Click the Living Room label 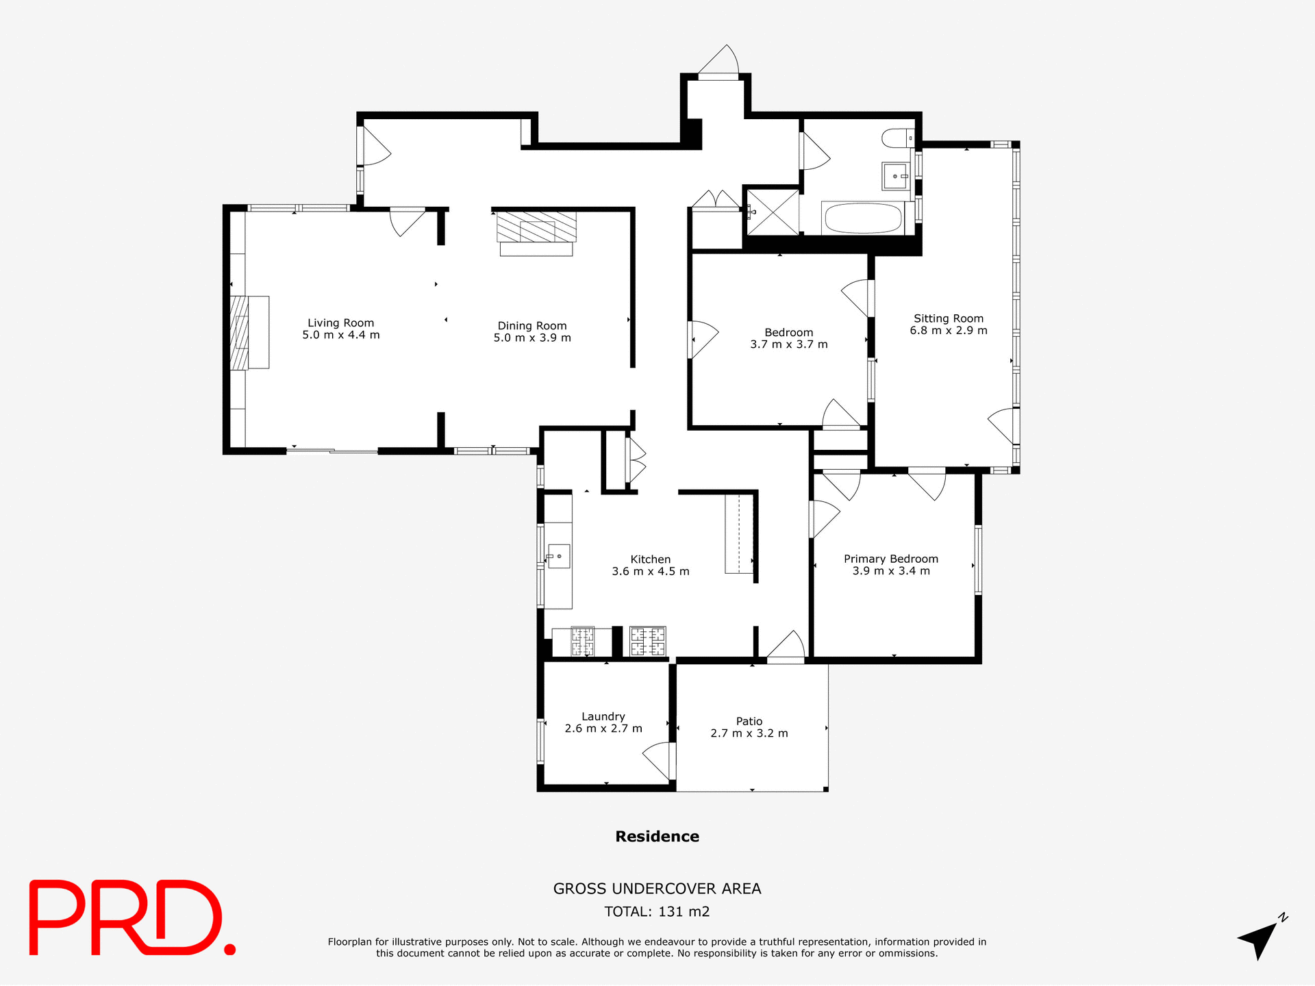pyautogui.click(x=340, y=323)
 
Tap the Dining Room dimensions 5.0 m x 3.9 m pyautogui.click(x=532, y=338)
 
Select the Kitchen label pyautogui.click(x=650, y=559)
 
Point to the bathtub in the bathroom pyautogui.click(x=862, y=218)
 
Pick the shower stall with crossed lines pyautogui.click(x=773, y=212)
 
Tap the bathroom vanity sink pyautogui.click(x=895, y=177)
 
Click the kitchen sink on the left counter pyautogui.click(x=559, y=556)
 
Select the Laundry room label pyautogui.click(x=603, y=716)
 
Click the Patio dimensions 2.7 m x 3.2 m pyautogui.click(x=749, y=733)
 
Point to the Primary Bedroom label pyautogui.click(x=890, y=559)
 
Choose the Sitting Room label pyautogui.click(x=948, y=318)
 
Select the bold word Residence pyautogui.click(x=657, y=836)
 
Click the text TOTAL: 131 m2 pyautogui.click(x=657, y=911)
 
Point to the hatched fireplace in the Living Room pyautogui.click(x=239, y=332)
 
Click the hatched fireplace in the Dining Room pyautogui.click(x=536, y=227)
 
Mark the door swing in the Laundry pyautogui.click(x=658, y=760)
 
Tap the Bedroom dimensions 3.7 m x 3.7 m pyautogui.click(x=788, y=344)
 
